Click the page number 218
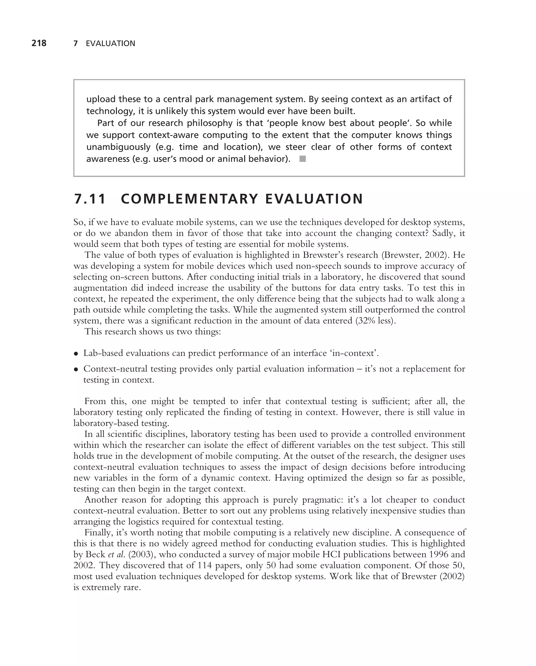(39, 43)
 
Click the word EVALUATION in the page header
(110, 44)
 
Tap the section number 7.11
(90, 199)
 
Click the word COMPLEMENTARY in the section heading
(189, 199)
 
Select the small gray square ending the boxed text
(303, 159)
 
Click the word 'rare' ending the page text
(131, 587)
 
